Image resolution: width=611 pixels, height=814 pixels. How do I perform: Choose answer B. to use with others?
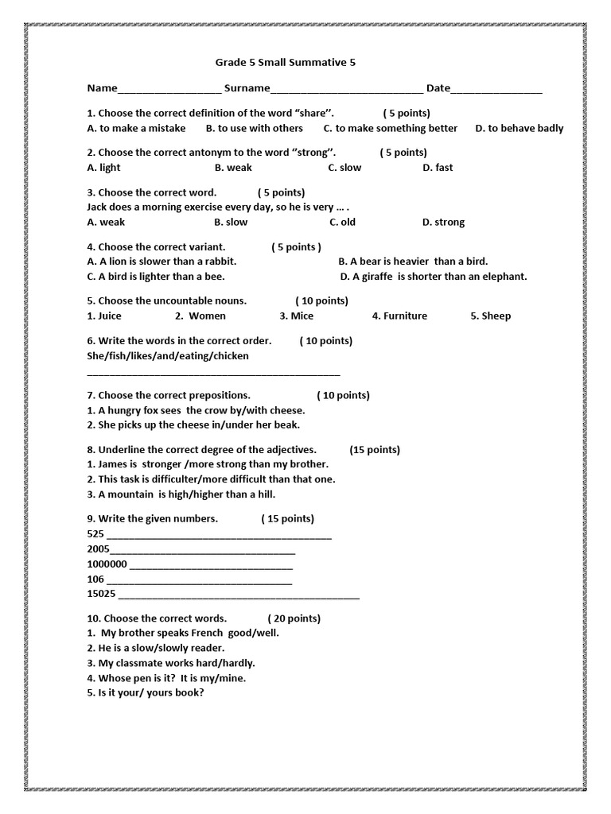255,128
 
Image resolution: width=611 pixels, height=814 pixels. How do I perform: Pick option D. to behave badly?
519,128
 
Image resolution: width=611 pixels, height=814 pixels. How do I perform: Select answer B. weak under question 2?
233,168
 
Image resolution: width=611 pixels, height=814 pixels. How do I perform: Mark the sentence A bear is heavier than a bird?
413,262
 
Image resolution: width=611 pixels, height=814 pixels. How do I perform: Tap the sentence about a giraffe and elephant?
433,277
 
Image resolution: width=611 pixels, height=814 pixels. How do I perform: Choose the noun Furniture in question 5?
399,316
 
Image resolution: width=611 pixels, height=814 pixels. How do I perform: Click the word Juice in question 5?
104,316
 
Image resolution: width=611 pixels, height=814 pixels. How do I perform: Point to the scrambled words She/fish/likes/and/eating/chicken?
168,356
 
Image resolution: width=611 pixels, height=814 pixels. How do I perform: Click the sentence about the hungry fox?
196,411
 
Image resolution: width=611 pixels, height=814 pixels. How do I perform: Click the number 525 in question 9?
95,534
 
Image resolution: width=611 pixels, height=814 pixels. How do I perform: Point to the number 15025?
101,595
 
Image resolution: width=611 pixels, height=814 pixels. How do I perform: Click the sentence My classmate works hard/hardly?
171,663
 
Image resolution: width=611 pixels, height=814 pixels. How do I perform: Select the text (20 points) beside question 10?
294,618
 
